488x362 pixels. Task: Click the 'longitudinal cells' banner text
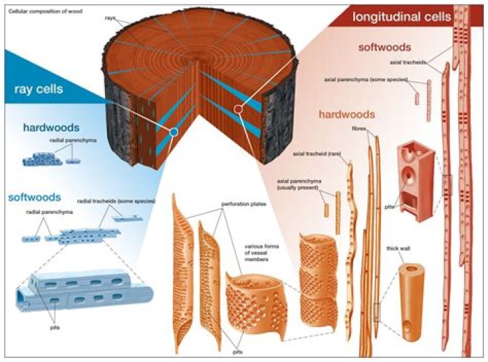401,16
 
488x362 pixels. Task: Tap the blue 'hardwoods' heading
51,127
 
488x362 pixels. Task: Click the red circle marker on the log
238,108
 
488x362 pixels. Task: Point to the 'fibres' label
359,127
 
